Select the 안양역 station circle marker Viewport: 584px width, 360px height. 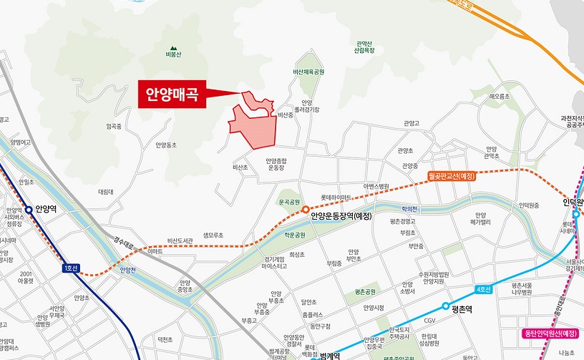29,210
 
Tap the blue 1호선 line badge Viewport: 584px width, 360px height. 70,268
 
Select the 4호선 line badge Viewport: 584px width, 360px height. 484,289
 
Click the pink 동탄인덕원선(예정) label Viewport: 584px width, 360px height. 550,334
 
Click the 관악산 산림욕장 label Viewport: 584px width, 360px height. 365,48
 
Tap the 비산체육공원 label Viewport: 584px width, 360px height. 308,72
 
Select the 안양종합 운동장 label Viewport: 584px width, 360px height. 276,164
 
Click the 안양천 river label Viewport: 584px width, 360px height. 128,270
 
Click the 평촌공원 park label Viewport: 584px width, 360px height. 364,292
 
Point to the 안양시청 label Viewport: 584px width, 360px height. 374,308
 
